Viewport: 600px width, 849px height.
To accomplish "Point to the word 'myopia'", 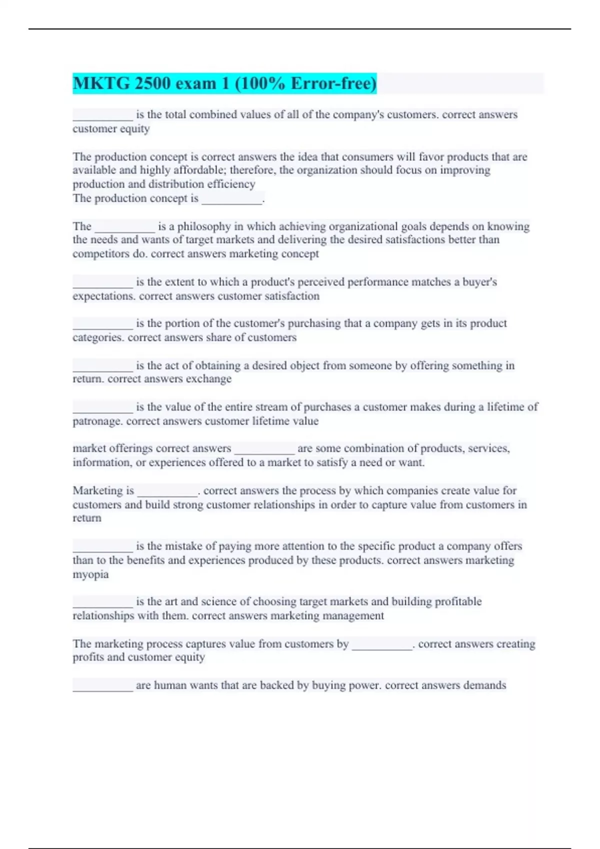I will tap(90, 574).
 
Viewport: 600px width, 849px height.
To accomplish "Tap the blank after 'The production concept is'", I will tap(232, 199).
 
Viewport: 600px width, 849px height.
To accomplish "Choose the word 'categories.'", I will tap(98, 338).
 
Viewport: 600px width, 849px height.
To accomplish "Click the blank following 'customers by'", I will tap(382, 644).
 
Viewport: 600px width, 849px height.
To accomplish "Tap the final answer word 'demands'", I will tap(484, 685).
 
